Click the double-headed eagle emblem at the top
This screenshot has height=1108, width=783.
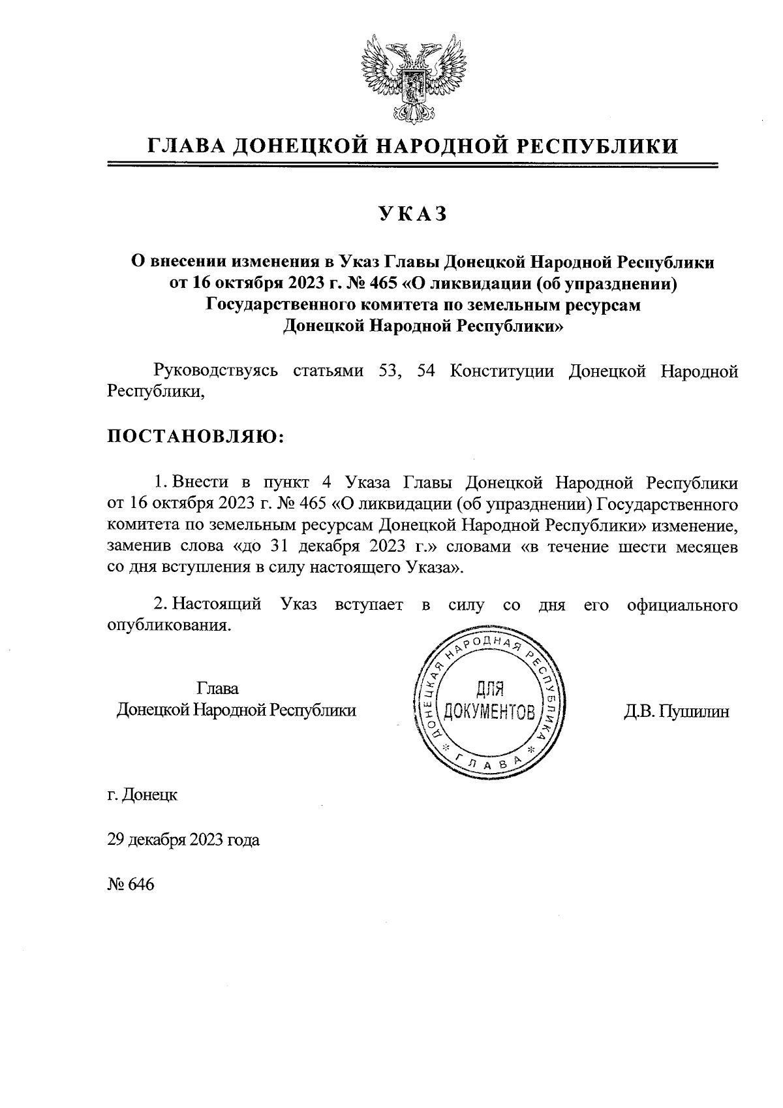(412, 80)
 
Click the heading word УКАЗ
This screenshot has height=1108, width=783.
(412, 214)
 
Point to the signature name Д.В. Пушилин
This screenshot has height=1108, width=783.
(676, 711)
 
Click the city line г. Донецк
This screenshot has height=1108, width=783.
(142, 795)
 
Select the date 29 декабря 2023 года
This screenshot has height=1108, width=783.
(183, 840)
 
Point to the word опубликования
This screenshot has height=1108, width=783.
(169, 625)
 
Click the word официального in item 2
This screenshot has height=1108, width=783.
(683, 605)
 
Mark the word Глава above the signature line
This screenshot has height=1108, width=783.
(217, 688)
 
